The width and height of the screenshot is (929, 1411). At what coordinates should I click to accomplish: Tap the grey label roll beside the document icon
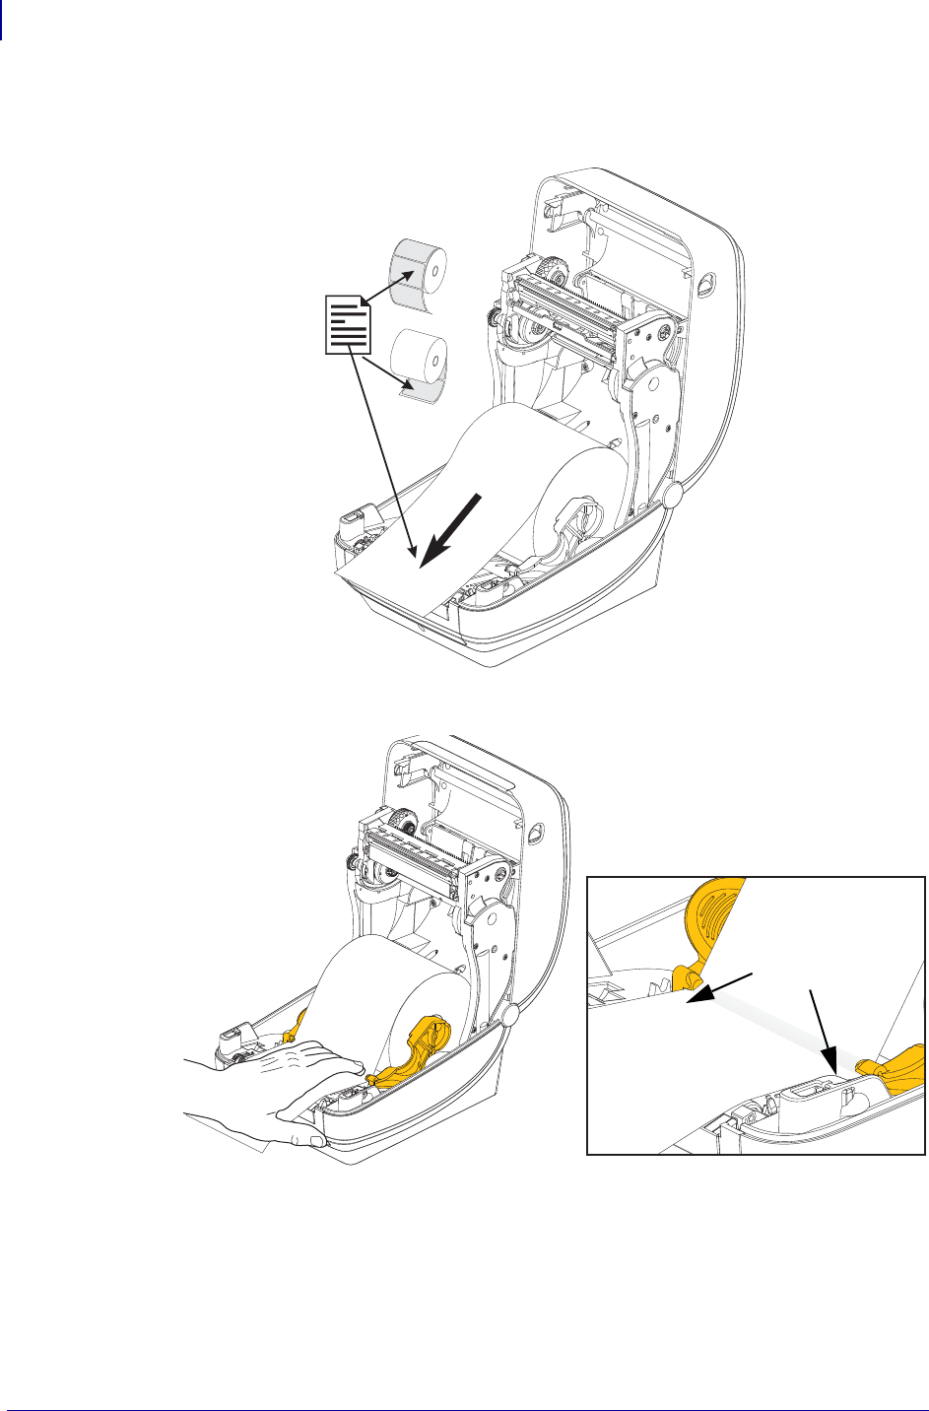point(419,271)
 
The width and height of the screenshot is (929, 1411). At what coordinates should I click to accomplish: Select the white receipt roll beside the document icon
point(420,360)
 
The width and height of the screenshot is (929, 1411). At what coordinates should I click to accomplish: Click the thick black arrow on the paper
point(452,529)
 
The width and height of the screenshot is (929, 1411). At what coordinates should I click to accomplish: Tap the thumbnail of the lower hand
point(314,1141)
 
